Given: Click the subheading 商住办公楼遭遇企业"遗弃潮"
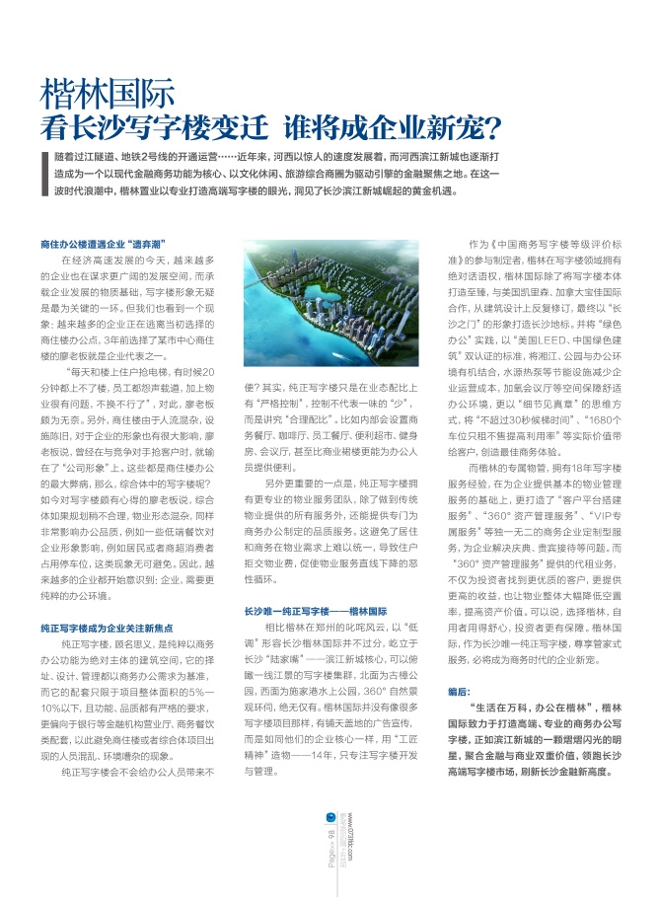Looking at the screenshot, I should click(103, 242).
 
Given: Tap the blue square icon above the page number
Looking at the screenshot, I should click(329, 813).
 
